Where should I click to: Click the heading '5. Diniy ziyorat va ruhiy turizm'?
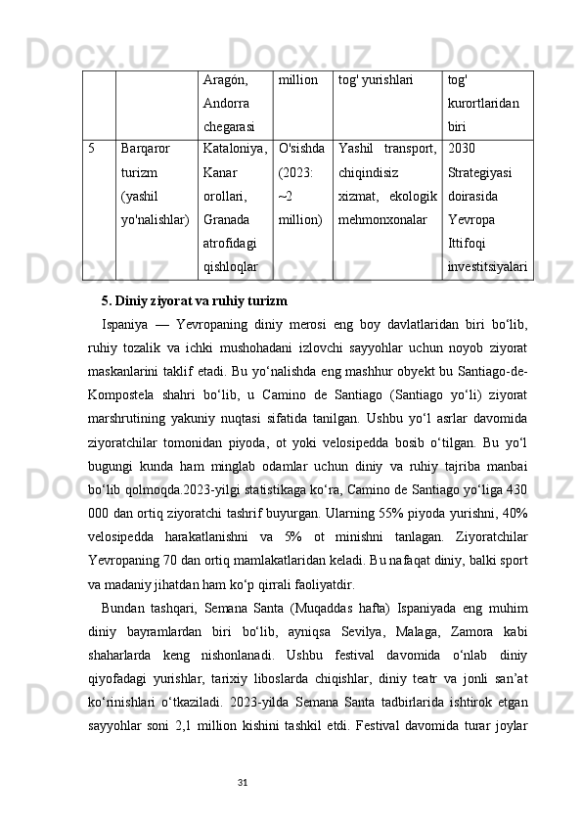point(195,299)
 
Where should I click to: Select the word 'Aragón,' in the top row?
point(224,81)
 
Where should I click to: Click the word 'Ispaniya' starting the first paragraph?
point(125,323)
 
